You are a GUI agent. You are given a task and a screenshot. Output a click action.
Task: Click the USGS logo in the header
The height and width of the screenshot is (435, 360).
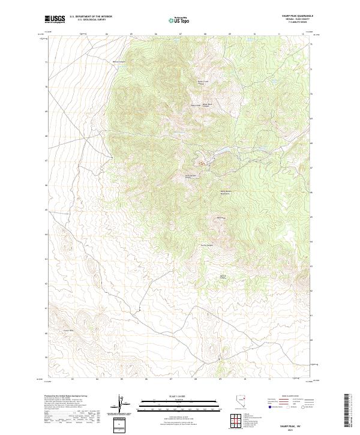[55, 19]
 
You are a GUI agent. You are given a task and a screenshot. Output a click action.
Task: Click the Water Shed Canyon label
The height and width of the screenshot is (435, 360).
[208, 105]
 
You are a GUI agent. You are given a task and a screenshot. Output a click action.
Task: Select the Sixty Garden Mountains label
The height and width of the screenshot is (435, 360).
[226, 193]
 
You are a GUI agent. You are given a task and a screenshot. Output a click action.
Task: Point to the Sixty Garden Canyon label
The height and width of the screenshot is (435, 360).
[191, 176]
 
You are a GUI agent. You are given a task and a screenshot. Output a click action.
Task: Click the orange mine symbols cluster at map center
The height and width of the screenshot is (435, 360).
[202, 163]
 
